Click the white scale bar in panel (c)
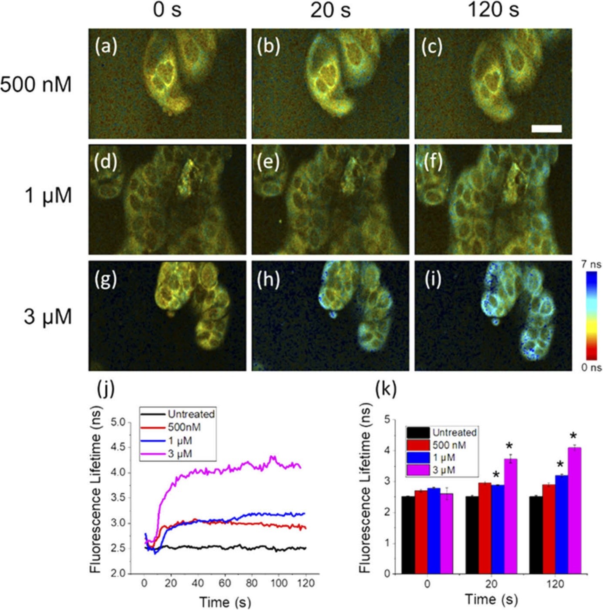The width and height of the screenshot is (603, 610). pos(547,128)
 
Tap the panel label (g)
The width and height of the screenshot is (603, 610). pos(106,280)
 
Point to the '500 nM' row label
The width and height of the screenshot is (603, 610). pos(36,85)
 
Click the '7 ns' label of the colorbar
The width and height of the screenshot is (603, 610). pos(591,265)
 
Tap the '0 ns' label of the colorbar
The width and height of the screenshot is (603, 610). pos(591,367)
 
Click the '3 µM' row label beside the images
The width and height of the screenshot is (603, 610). pos(48,317)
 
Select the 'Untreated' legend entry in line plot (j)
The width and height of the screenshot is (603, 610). pos(191,414)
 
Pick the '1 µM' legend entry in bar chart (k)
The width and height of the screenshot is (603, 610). pos(444,457)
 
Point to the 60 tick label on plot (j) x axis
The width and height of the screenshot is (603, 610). pos(225,583)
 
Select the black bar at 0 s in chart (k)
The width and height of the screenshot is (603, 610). pos(408,535)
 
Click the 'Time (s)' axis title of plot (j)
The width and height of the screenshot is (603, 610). pos(225,602)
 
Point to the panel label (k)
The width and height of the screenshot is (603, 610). pos(386,390)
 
